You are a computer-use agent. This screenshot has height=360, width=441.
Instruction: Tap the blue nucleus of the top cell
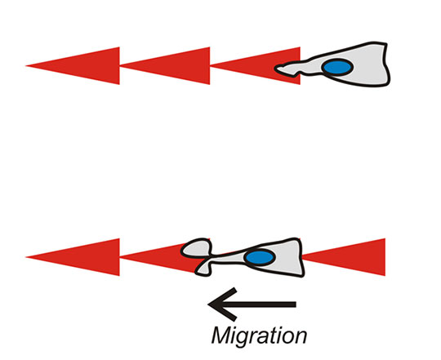click(337, 67)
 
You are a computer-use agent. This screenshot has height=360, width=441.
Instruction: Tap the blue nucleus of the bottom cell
click(260, 257)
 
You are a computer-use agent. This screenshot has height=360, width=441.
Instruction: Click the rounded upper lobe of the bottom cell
click(196, 247)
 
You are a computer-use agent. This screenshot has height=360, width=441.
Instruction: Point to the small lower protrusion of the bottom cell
click(203, 269)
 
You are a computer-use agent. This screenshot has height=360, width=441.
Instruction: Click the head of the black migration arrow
click(222, 304)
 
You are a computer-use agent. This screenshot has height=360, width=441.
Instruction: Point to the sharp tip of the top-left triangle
click(26, 66)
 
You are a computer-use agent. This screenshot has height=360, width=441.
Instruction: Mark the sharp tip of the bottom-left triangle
click(26, 257)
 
